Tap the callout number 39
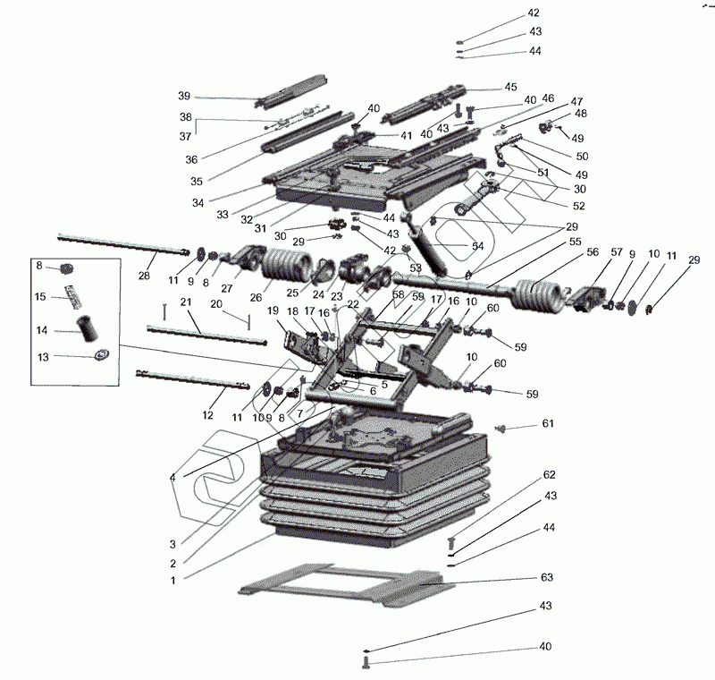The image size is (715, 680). click(x=183, y=96)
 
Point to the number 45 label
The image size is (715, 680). click(x=510, y=87)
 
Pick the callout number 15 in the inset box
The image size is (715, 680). click(x=40, y=297)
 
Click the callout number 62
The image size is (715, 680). click(x=549, y=474)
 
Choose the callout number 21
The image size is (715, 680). click(x=185, y=303)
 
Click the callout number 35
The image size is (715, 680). click(x=196, y=182)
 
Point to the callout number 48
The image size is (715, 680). click(x=581, y=114)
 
